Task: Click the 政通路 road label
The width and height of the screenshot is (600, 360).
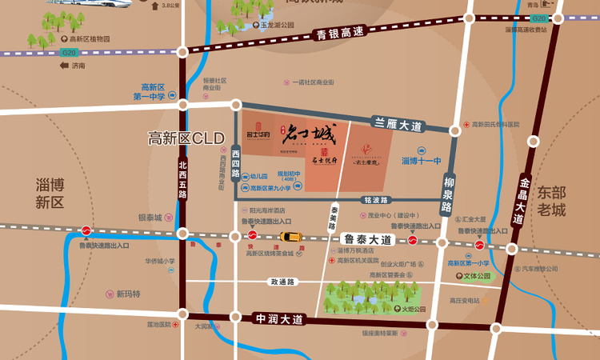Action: [x=282, y=282]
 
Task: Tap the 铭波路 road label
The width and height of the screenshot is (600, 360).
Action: [x=375, y=200]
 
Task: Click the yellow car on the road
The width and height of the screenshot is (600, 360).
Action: [x=290, y=237]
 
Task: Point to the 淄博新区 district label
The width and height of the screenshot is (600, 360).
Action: [x=50, y=193]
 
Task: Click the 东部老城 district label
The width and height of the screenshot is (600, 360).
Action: [x=551, y=201]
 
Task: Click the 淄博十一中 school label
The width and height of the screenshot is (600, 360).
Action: [x=421, y=161]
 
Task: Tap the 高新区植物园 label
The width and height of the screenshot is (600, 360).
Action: [x=89, y=38]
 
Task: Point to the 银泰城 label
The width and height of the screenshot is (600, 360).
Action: [x=150, y=218]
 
